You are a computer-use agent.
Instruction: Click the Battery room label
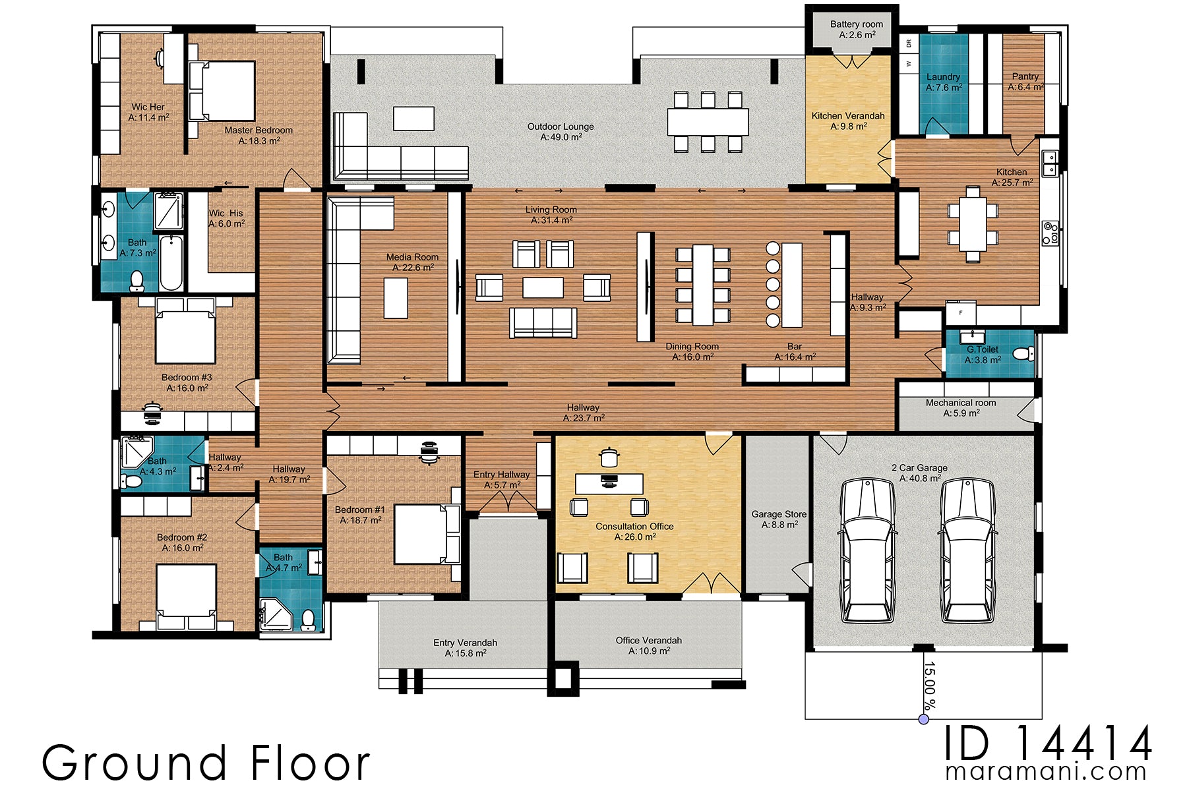click(x=856, y=29)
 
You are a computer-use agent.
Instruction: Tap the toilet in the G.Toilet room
click(x=1022, y=354)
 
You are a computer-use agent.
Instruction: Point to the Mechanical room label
click(x=961, y=407)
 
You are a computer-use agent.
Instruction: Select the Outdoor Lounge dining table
click(x=708, y=122)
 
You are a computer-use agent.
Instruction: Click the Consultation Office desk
click(x=609, y=483)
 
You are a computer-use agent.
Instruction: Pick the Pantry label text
click(x=1025, y=81)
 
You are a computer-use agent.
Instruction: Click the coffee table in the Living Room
click(x=543, y=287)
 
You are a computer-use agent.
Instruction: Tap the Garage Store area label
click(x=779, y=519)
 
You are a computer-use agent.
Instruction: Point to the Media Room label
click(x=413, y=262)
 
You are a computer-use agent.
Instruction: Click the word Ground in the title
click(x=135, y=763)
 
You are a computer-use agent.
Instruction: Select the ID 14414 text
click(x=1048, y=743)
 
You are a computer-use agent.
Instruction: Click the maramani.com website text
click(x=1046, y=772)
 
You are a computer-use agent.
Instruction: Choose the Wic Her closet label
click(x=148, y=111)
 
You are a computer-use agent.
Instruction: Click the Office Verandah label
click(x=648, y=645)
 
